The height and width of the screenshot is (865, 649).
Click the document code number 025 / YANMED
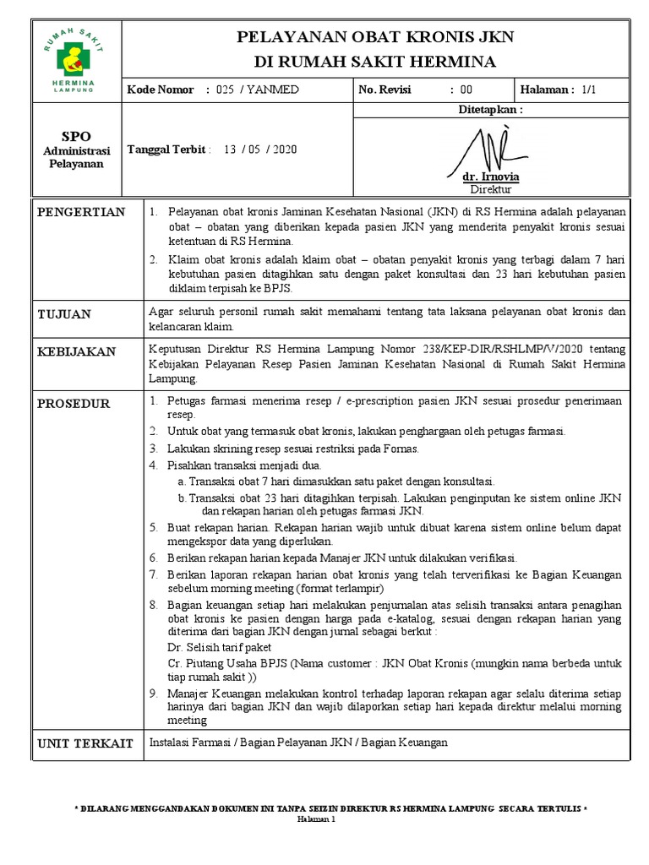tap(258, 90)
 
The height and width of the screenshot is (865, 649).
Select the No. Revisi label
tap(384, 90)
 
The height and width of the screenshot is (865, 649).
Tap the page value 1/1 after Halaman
tap(588, 90)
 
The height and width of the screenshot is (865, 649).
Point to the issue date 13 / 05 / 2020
tap(259, 150)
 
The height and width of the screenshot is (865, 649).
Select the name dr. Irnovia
tap(491, 177)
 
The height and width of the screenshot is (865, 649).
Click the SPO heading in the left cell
tap(76, 136)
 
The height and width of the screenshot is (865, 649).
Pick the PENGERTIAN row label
tap(81, 212)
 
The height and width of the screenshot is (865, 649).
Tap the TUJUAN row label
tap(64, 314)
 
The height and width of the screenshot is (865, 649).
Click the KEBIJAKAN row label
tap(77, 351)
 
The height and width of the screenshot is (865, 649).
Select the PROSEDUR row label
tap(74, 404)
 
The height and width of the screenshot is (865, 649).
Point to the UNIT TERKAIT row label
tap(85, 743)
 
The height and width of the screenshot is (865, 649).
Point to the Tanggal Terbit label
tap(166, 150)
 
